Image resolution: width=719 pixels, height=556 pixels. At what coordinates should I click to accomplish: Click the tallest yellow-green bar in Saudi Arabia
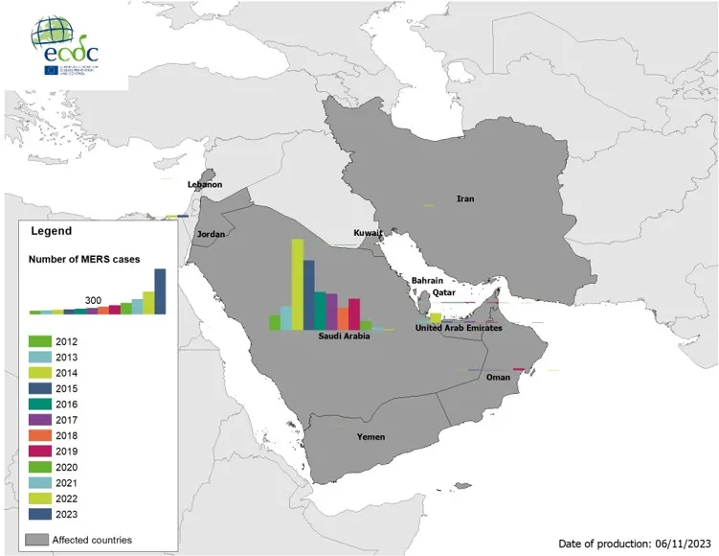pos(298,284)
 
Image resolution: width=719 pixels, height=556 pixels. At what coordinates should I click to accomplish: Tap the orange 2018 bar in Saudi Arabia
pos(344,318)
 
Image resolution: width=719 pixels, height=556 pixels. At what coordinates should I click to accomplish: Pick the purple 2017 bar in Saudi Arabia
pos(332,312)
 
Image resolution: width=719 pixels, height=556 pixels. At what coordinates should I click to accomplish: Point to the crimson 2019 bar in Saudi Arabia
pos(354,314)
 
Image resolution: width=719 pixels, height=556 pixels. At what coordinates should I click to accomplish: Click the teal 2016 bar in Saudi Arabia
pos(321,311)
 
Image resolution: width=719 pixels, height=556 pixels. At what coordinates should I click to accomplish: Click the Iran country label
pos(465,199)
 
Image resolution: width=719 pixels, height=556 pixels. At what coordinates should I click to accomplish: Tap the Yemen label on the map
pos(371,437)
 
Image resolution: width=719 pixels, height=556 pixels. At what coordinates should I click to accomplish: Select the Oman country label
pos(499,377)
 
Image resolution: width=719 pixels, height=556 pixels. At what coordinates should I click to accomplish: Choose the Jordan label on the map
pos(211,234)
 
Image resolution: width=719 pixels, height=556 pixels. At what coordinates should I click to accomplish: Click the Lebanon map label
pos(204,184)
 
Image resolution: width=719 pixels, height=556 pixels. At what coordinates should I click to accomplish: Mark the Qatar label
pos(443,292)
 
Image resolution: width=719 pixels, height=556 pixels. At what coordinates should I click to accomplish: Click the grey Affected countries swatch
pos(37,540)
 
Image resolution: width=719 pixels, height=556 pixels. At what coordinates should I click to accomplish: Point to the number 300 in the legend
pos(93,300)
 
